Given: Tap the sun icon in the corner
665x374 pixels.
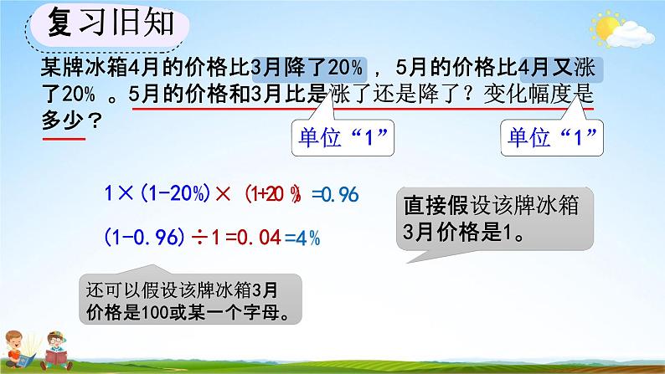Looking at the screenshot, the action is (x=606, y=26).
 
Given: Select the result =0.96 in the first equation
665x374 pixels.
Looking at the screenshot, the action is (x=335, y=194).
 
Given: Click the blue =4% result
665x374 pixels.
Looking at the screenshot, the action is (x=302, y=238).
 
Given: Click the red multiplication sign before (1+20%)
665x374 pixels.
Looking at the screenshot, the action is (x=223, y=194).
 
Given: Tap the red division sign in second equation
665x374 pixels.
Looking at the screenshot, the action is (x=199, y=238).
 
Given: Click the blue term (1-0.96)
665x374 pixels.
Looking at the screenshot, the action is (x=145, y=237).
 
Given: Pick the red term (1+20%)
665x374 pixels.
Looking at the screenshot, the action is (x=273, y=194).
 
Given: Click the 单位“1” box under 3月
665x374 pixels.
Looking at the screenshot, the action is (x=343, y=138).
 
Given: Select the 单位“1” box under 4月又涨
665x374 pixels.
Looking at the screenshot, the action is (x=552, y=138).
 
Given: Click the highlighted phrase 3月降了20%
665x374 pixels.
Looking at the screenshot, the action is (x=309, y=69).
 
